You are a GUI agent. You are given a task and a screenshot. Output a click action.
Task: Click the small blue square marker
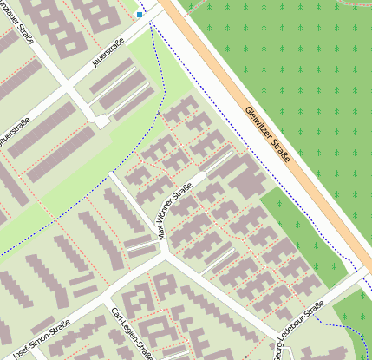pyautogui.click(x=140, y=14)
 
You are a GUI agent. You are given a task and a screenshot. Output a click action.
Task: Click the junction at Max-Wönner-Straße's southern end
pyautogui.click(x=164, y=252)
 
